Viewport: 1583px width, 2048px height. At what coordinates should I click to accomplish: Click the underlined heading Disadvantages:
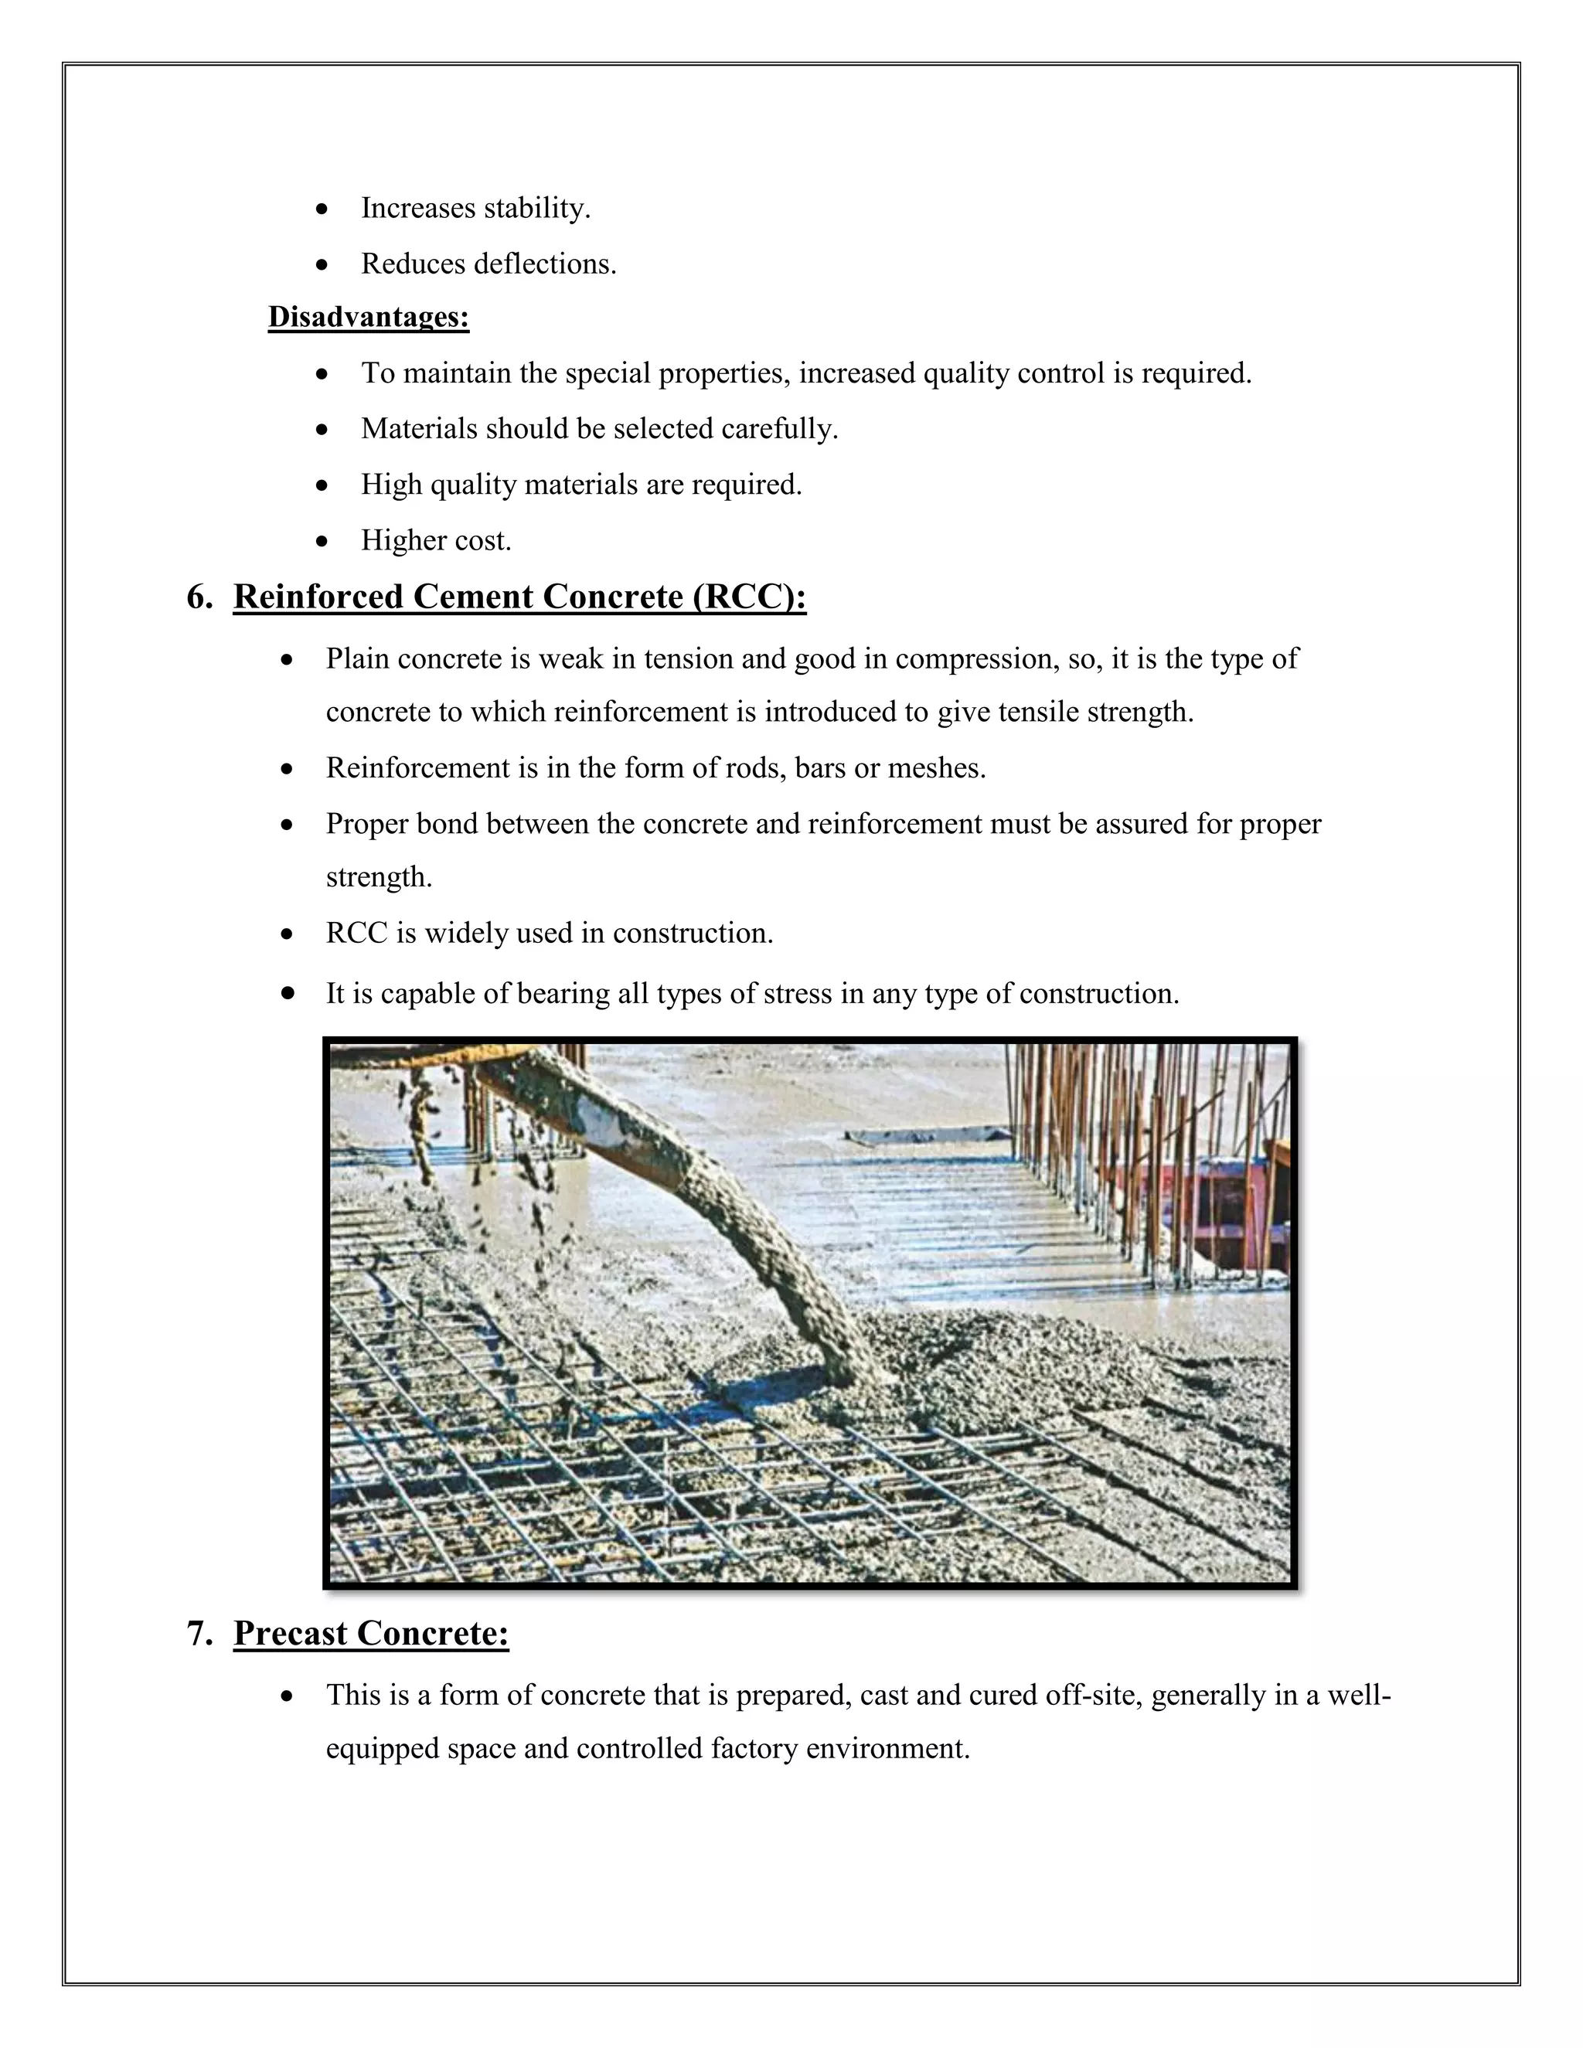[x=368, y=317]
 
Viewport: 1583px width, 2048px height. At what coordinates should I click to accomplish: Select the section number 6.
[x=199, y=597]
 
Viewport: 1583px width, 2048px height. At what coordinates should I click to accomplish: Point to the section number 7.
[x=199, y=1634]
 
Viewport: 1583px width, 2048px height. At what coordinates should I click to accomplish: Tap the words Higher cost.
[x=436, y=541]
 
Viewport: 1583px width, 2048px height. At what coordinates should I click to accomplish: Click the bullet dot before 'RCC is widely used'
[x=288, y=934]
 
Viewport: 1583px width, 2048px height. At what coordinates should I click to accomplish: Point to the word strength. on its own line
[x=379, y=878]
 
